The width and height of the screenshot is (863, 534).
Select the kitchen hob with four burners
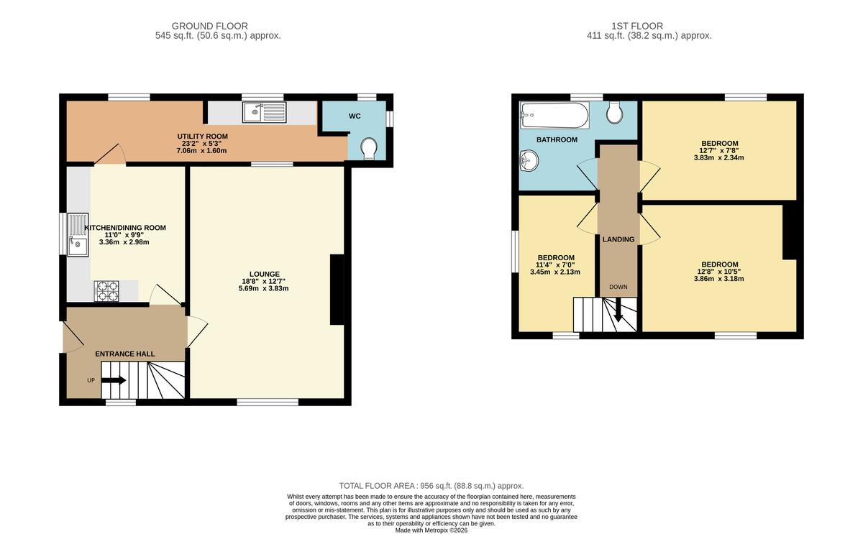106,290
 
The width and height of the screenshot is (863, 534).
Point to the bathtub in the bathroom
554,112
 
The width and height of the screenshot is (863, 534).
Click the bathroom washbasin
529,160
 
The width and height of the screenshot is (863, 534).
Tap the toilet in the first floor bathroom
616,111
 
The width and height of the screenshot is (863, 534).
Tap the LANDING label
618,239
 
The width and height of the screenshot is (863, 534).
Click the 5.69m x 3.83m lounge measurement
264,289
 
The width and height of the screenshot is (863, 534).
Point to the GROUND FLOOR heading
218,26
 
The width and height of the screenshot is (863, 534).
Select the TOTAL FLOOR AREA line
431,486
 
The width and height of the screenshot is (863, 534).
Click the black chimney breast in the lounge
337,290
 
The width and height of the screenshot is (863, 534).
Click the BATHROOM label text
557,139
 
